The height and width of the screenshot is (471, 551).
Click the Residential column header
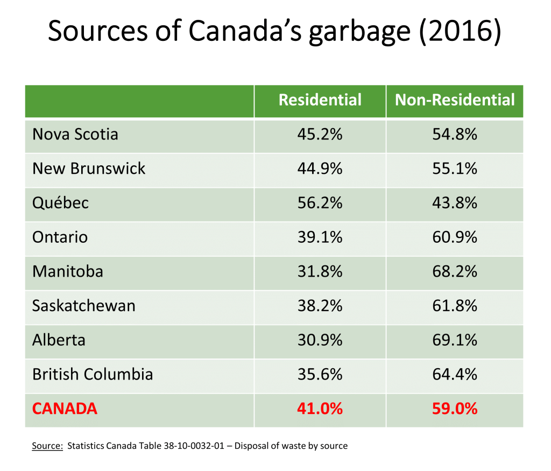click(x=320, y=100)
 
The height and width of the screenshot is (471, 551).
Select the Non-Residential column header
click(x=455, y=100)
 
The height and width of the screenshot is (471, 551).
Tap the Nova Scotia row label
click(x=75, y=134)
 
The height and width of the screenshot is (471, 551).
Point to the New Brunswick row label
click(x=89, y=168)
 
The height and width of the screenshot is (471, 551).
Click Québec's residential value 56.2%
click(x=320, y=203)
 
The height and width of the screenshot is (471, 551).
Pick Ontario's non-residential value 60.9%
click(x=455, y=237)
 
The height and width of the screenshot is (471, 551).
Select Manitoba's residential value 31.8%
click(x=320, y=271)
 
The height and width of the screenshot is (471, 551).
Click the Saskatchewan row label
click(x=84, y=306)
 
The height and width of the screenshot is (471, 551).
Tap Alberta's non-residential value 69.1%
click(x=455, y=340)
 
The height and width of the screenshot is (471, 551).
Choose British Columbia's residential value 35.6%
click(x=320, y=374)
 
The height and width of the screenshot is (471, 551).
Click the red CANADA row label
click(x=65, y=409)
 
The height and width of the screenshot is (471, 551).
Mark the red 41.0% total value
click(x=320, y=409)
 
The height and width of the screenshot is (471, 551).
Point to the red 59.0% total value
click(x=455, y=409)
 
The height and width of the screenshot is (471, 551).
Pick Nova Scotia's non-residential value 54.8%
click(x=455, y=134)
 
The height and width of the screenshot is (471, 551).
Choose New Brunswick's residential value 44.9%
click(x=320, y=168)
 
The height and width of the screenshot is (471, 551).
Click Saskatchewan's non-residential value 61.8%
click(x=455, y=306)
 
